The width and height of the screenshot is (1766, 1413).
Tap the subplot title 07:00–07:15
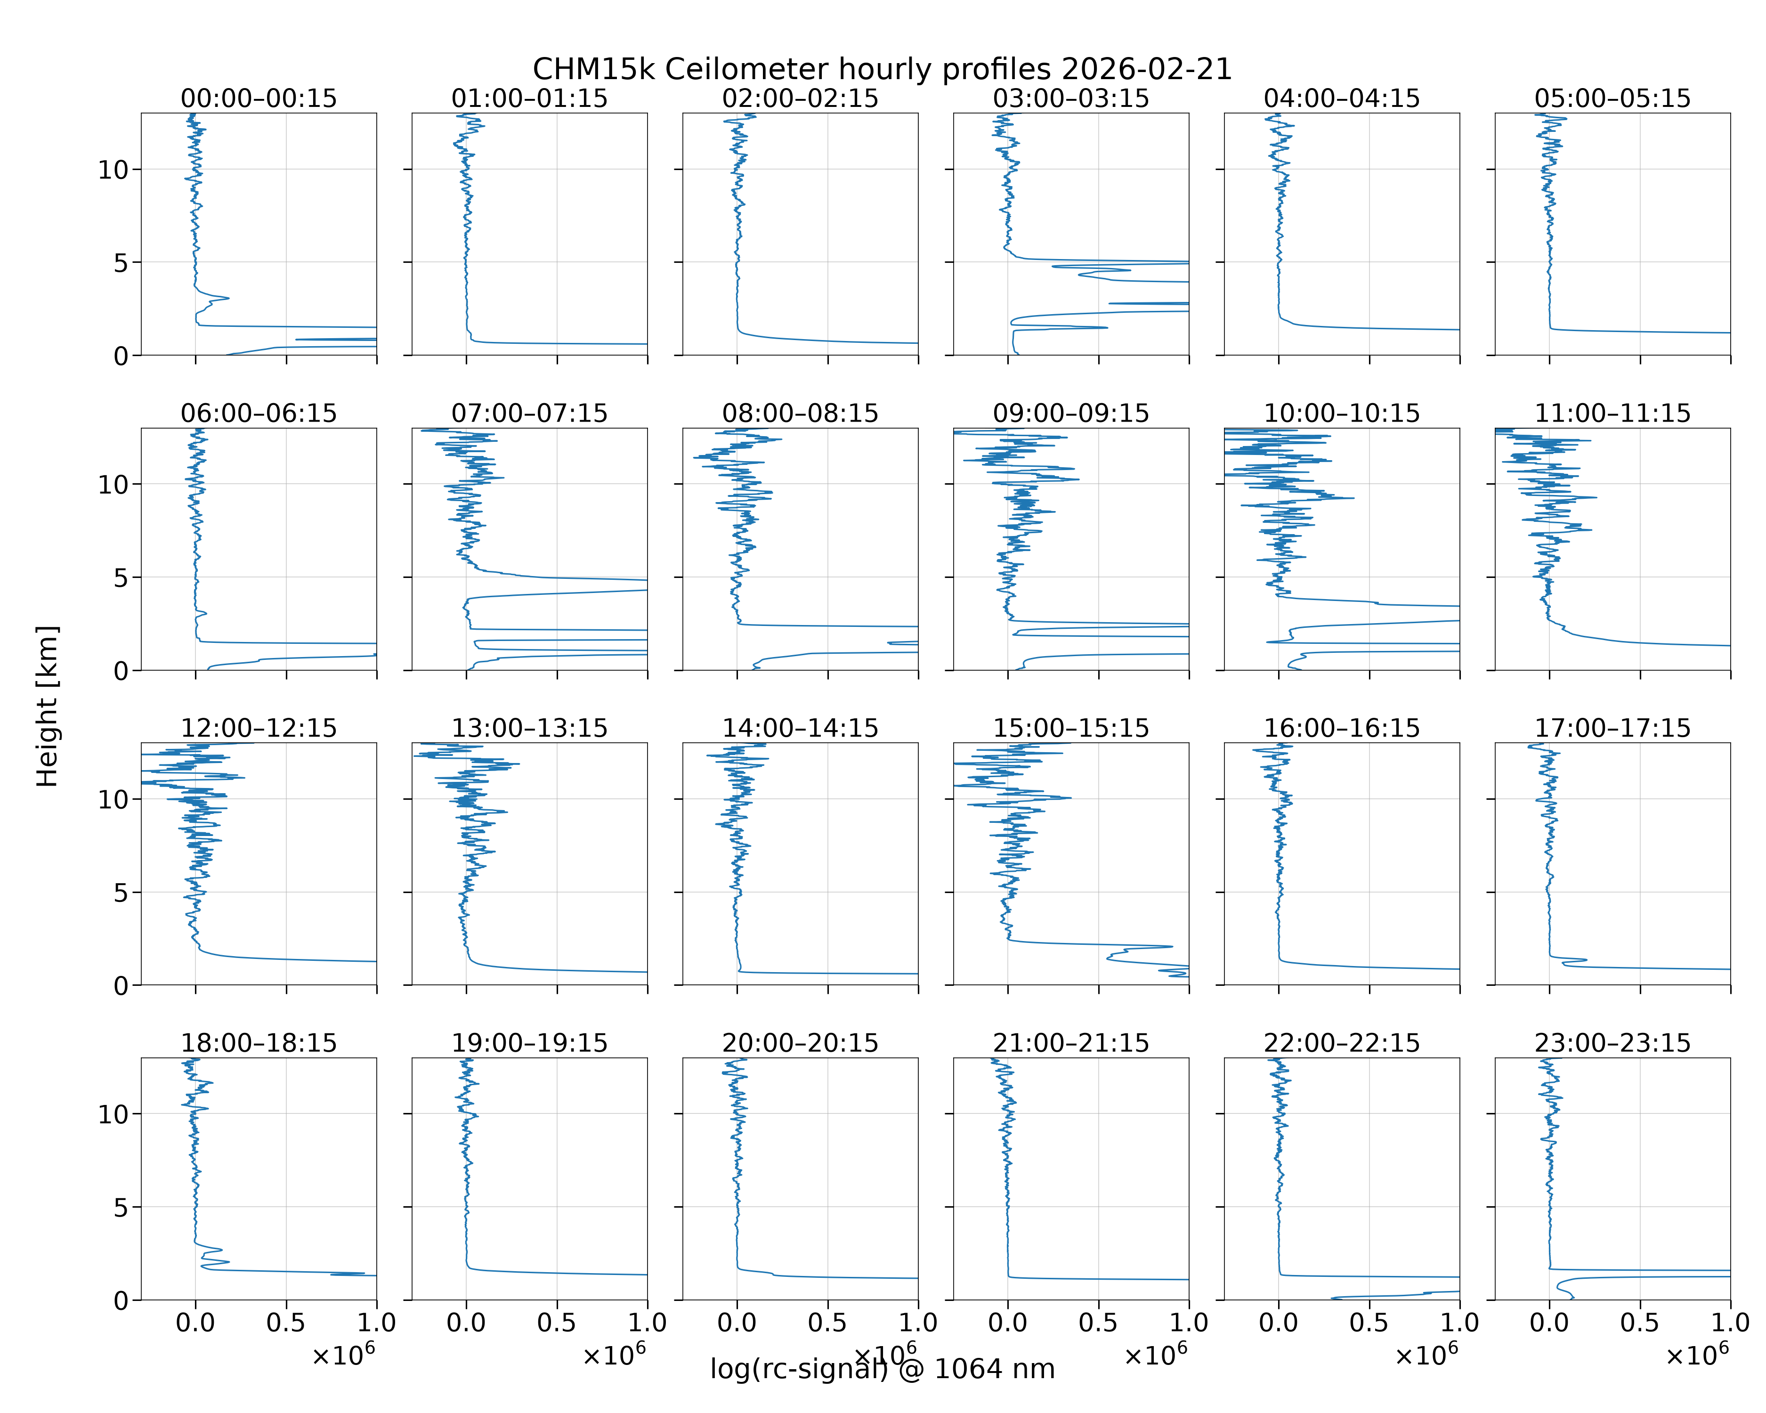(529, 413)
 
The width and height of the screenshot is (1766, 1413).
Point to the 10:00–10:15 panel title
(1342, 413)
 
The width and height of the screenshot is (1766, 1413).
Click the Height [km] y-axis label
(48, 706)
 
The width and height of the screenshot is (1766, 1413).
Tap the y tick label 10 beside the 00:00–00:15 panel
(113, 171)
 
